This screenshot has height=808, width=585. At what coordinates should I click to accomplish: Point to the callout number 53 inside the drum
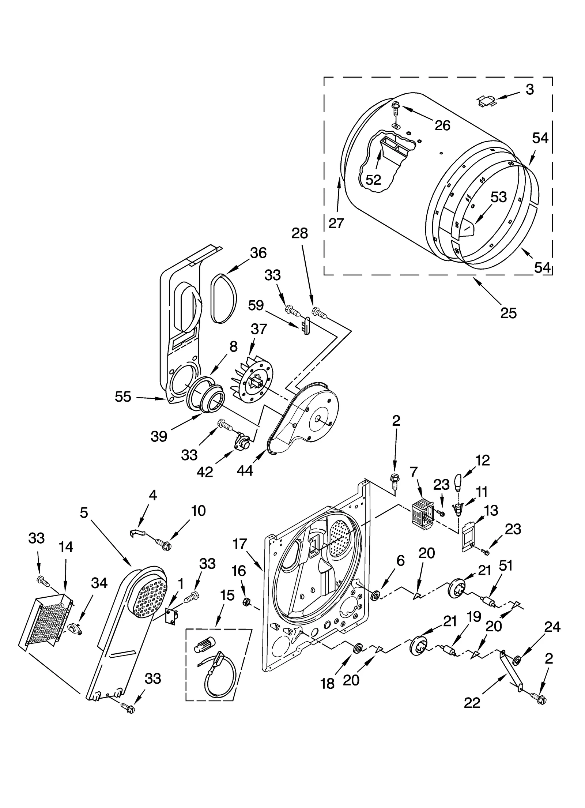(x=499, y=197)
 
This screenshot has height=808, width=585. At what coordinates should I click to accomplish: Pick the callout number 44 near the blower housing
(x=245, y=470)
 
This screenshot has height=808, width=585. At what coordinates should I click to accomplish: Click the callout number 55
(x=123, y=397)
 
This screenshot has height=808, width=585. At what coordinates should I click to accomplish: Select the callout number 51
(x=506, y=566)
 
